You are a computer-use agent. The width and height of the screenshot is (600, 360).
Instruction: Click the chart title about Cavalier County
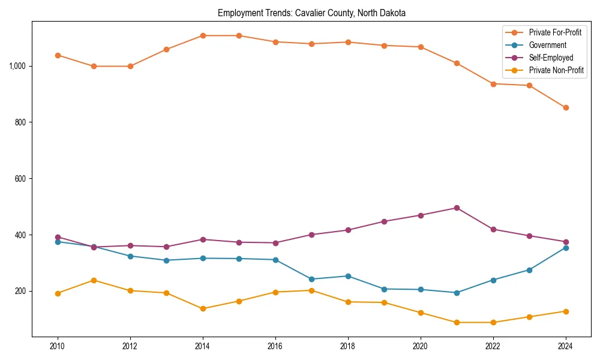(311, 13)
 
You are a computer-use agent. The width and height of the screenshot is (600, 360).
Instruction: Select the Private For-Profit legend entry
(555, 32)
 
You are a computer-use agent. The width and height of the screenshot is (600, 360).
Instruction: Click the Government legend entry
(547, 45)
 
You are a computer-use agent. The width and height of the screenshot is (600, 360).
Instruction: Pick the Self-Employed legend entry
(551, 58)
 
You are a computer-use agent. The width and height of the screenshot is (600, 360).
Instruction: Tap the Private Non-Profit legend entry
(556, 70)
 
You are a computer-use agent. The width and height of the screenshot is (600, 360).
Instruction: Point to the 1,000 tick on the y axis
(17, 66)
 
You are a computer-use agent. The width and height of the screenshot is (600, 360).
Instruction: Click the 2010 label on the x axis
(58, 347)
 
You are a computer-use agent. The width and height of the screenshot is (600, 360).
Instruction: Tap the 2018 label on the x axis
(348, 347)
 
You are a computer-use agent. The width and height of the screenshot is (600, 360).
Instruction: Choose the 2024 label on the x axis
(566, 347)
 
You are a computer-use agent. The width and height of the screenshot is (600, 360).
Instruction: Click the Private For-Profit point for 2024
(566, 108)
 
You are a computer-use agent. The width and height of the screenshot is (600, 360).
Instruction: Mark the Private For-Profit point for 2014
(203, 36)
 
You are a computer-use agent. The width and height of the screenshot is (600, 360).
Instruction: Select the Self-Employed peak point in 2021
(457, 208)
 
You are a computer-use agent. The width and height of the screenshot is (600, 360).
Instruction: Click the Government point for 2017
(311, 279)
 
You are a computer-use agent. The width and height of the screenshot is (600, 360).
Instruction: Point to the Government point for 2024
(566, 248)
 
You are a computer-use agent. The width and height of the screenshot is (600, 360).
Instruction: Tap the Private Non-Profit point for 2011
(94, 280)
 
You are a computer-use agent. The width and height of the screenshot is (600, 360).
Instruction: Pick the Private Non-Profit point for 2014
(203, 308)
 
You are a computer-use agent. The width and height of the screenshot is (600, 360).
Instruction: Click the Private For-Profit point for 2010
(58, 55)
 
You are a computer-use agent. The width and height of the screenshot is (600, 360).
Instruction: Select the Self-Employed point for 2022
(493, 229)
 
